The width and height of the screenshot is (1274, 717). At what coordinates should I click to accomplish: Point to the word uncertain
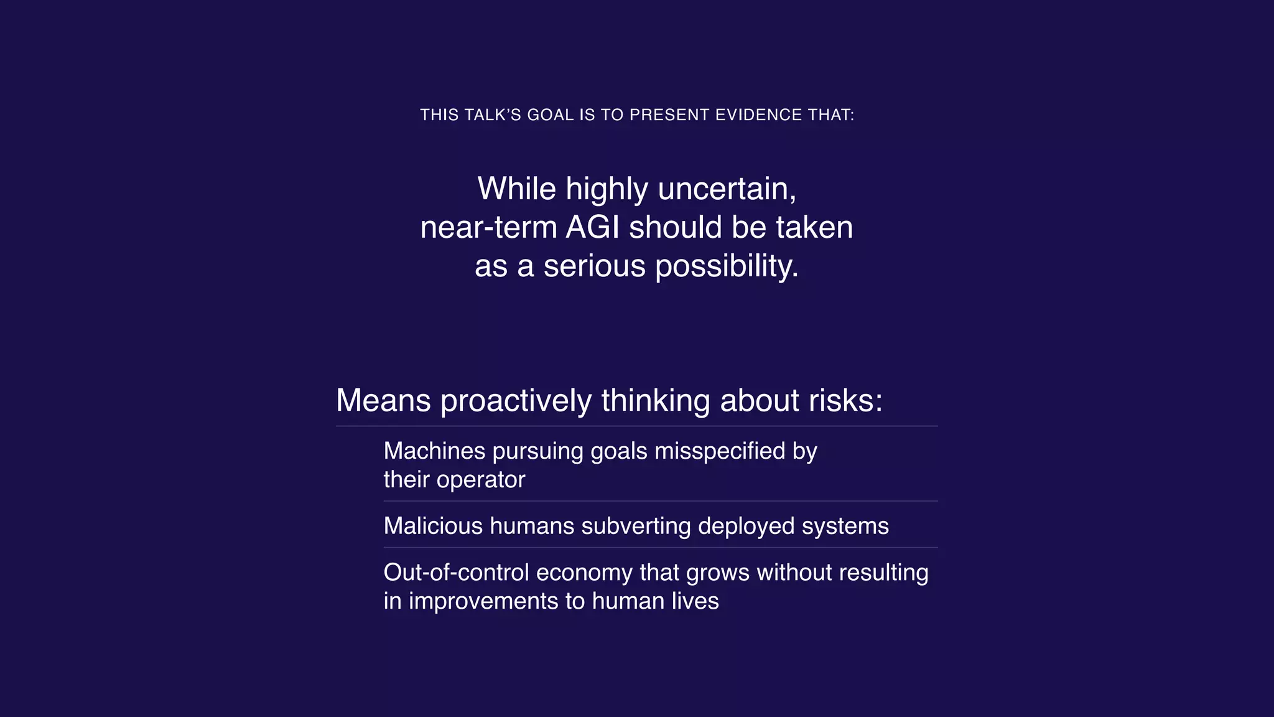(x=727, y=189)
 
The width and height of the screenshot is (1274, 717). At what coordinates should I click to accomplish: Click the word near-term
(x=488, y=228)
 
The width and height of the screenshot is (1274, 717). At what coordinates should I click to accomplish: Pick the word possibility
(x=727, y=266)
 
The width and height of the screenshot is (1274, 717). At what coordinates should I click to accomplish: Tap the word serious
(x=595, y=266)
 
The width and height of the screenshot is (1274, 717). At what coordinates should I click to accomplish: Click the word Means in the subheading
(x=383, y=400)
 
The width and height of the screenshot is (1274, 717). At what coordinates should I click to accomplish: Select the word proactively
(x=516, y=400)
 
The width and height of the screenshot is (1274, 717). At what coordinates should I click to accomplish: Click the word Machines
(x=434, y=451)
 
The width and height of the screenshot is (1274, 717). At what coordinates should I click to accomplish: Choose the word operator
(x=481, y=480)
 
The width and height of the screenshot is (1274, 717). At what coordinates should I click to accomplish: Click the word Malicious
(x=433, y=527)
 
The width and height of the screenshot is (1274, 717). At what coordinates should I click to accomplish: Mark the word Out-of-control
(x=456, y=573)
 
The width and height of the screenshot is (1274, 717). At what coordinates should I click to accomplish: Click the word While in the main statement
(x=516, y=189)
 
